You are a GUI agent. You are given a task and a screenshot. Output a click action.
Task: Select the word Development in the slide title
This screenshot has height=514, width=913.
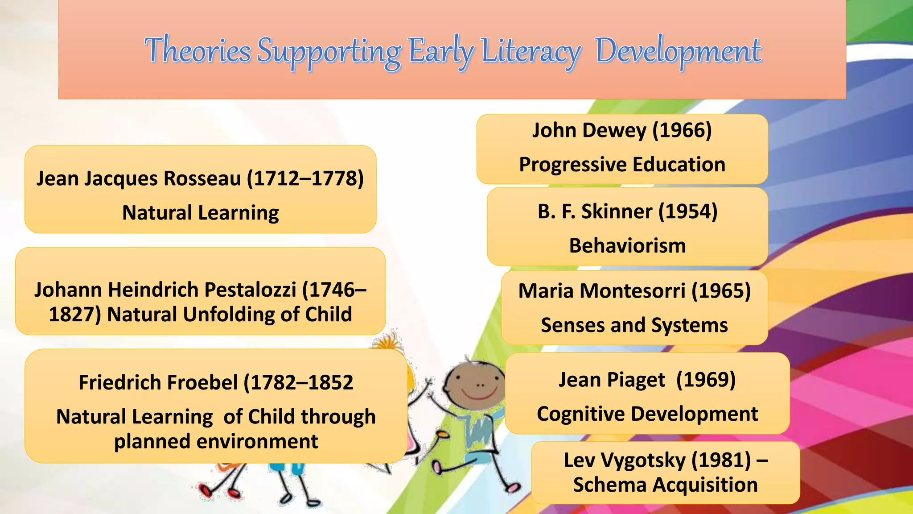[x=678, y=51]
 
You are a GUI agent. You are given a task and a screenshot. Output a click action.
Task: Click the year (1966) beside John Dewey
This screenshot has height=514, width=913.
[x=682, y=130]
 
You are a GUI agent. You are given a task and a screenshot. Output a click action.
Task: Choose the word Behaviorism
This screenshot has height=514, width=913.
[x=627, y=246]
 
